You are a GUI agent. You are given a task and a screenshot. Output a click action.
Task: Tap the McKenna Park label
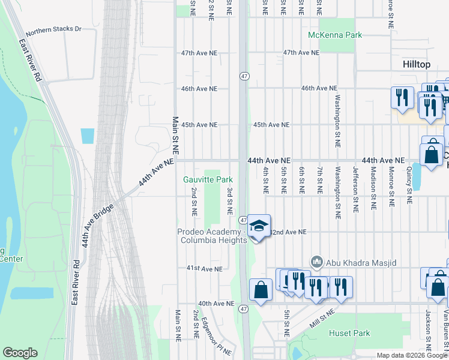(x=335, y=35)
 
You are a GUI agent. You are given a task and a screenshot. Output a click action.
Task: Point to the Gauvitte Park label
(x=208, y=179)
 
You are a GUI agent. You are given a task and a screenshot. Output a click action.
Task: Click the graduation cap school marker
(x=259, y=227)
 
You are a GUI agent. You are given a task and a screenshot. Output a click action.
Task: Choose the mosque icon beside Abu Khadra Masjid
(x=316, y=262)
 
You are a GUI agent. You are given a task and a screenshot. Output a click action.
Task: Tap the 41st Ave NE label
(x=204, y=268)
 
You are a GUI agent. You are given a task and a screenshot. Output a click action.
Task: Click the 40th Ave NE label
(x=216, y=304)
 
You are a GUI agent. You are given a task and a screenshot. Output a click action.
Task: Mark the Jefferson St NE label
(x=356, y=186)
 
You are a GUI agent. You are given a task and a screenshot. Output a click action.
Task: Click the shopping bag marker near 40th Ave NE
(x=260, y=290)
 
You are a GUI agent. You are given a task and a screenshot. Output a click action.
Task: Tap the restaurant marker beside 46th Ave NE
(x=402, y=97)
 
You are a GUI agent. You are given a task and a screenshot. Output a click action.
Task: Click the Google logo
(x=20, y=353)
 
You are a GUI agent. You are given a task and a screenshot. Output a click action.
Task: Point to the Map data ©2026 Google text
(x=411, y=355)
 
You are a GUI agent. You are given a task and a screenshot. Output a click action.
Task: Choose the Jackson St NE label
(x=429, y=330)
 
